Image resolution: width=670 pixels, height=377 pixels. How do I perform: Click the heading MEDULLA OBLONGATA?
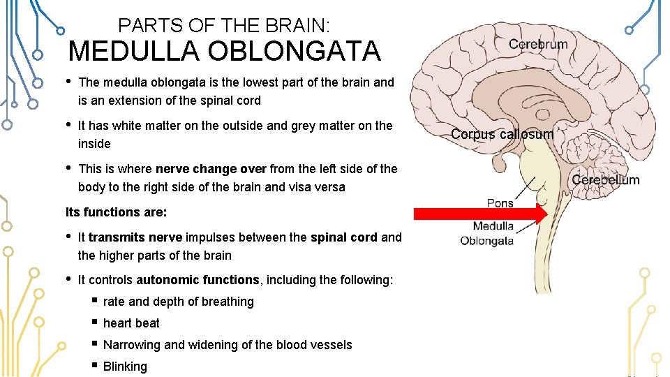[x=224, y=51]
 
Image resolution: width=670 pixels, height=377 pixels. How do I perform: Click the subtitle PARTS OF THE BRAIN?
[x=224, y=26]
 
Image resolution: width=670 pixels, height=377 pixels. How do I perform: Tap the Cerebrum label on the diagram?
[x=537, y=45]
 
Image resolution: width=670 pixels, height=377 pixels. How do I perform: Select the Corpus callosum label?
[x=502, y=134]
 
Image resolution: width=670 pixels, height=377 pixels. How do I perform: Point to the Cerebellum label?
[x=605, y=180]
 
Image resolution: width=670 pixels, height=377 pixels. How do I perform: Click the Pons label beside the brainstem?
[x=500, y=203]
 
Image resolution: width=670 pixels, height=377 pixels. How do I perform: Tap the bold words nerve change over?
[x=211, y=169]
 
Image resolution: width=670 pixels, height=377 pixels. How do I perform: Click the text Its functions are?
[x=116, y=212]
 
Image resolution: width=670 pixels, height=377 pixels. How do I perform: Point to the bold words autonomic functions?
[x=198, y=280]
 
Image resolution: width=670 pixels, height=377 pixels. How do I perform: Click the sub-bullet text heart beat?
[x=131, y=323]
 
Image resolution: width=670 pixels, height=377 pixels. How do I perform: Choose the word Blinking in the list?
[x=125, y=367]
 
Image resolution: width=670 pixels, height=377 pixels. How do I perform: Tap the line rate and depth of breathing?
[x=178, y=302]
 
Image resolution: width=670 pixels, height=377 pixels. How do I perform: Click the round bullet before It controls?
[x=68, y=279]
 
